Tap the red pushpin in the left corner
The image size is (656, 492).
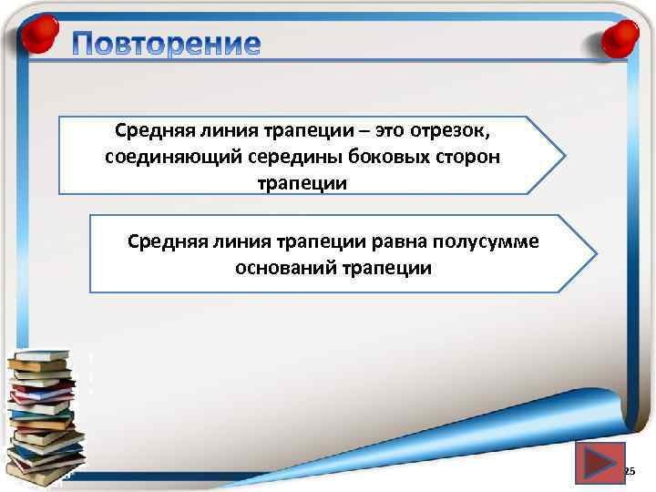pyautogui.click(x=38, y=37)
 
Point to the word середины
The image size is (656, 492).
pyautogui.click(x=271, y=157)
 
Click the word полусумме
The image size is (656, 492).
pyautogui.click(x=487, y=242)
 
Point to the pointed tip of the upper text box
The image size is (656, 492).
pyautogui.click(x=564, y=154)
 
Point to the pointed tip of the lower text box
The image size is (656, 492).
pyautogui.click(x=596, y=252)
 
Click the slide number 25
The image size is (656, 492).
pyautogui.click(x=629, y=472)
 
